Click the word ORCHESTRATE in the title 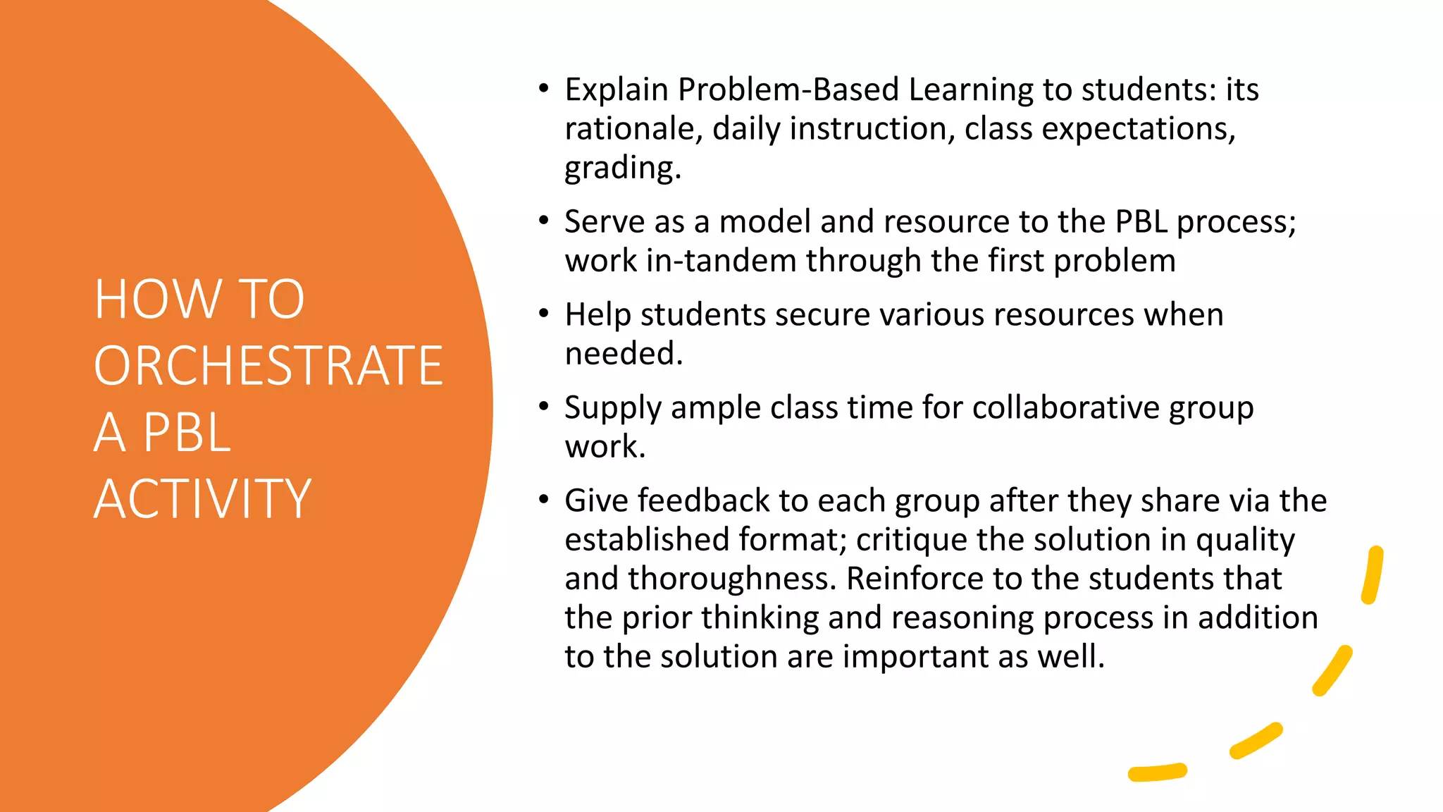(268, 366)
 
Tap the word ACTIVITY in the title (202, 499)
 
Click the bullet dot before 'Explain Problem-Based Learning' (543, 89)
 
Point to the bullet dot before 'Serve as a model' (543, 221)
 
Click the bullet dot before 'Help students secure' (543, 314)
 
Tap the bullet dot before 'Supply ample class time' (543, 407)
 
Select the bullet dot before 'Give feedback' (543, 500)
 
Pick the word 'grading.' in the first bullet (623, 168)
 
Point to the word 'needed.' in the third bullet (624, 353)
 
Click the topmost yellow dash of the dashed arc (1373, 574)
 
